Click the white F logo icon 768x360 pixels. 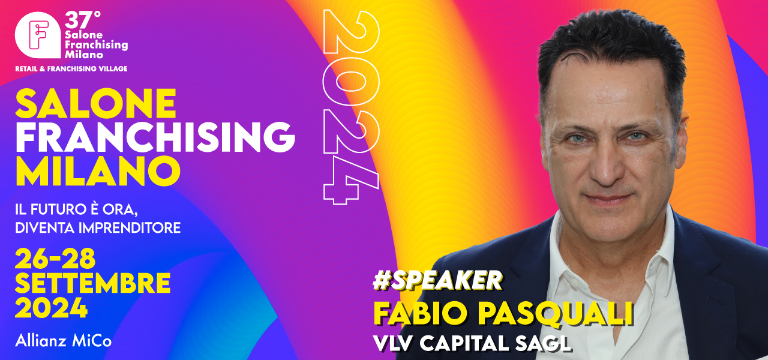click(38, 35)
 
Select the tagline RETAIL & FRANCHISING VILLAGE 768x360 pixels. click(71, 68)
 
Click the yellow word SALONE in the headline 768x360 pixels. click(96, 104)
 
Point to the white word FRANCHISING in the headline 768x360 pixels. click(155, 137)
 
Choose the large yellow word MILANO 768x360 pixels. click(98, 171)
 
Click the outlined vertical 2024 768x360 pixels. click(351, 107)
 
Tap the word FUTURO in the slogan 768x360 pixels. click(57, 209)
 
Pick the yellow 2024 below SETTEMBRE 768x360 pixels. click(52, 308)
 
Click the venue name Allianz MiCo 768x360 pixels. click(64, 341)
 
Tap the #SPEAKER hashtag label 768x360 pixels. click(437, 280)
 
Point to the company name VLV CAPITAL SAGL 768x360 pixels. click(472, 343)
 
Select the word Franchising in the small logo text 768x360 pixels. click(97, 45)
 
